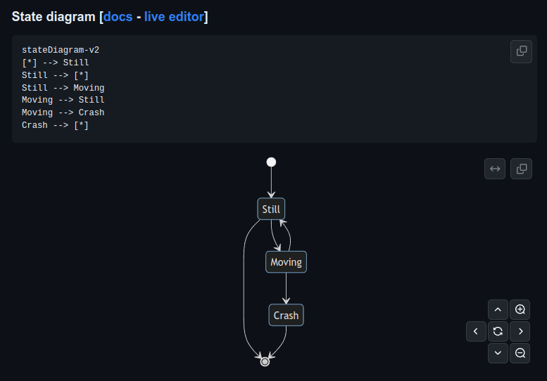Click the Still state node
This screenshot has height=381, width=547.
(271, 209)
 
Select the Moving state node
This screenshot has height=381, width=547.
(286, 262)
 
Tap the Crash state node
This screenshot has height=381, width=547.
(286, 315)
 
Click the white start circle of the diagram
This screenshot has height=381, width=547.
(271, 162)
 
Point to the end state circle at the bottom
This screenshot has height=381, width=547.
(265, 361)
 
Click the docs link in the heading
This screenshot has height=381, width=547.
(118, 16)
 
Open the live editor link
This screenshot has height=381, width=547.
(174, 16)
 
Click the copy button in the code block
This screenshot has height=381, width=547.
(521, 51)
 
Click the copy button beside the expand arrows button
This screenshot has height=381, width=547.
(521, 169)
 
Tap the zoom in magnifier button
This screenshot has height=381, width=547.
(520, 309)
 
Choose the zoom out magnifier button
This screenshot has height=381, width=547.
(520, 353)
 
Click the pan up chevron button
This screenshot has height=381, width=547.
(498, 309)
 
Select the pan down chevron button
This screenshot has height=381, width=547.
(498, 353)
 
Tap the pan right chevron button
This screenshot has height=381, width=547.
(520, 331)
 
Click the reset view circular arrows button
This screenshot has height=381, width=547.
(498, 331)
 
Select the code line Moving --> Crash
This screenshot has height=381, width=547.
(63, 112)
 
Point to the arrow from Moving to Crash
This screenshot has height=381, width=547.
(286, 288)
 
